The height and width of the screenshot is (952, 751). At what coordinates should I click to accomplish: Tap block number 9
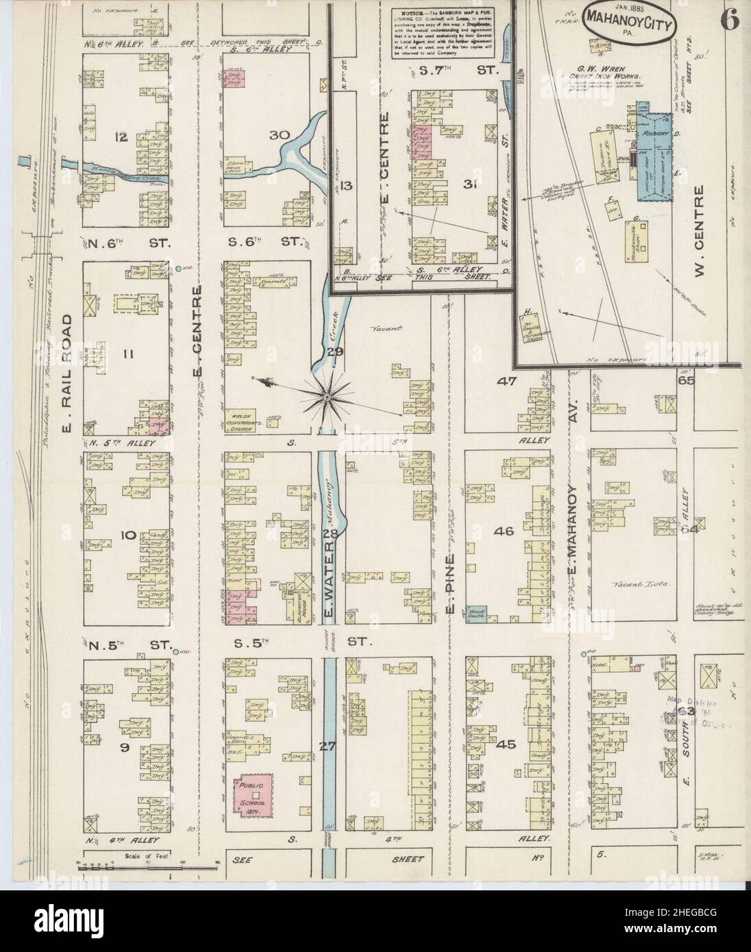(x=124, y=749)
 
